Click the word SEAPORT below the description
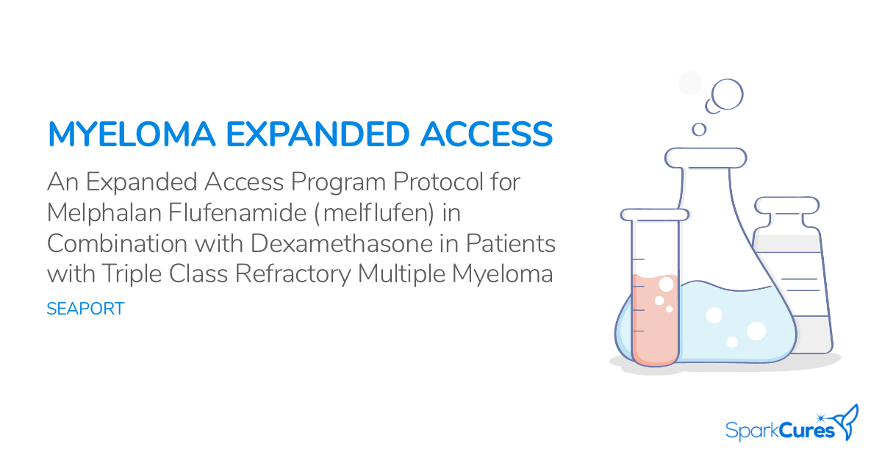[85, 309]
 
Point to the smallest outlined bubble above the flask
[699, 129]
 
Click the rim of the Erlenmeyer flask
[706, 157]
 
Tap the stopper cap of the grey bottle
[786, 205]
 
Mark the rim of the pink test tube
[655, 215]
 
